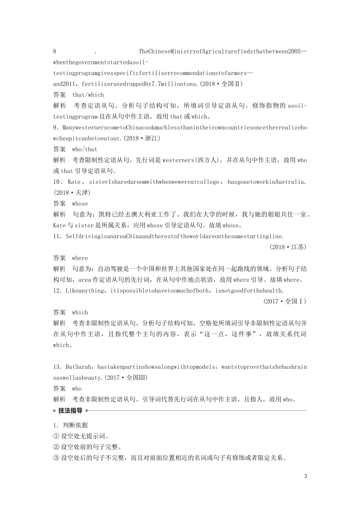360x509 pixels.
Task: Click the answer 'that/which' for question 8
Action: coord(88,95)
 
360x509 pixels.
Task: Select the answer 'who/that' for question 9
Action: coord(85,149)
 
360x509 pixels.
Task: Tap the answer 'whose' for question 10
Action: coord(80,204)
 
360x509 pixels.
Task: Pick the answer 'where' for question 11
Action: coord(80,258)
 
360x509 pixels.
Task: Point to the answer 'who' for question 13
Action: coord(77,389)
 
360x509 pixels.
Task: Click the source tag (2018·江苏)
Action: coord(288,247)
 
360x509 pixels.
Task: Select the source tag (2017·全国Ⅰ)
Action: coord(284,301)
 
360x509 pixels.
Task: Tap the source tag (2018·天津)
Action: coord(72,193)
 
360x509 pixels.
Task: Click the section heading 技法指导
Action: coord(70,411)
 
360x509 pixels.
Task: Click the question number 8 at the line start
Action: coord(55,52)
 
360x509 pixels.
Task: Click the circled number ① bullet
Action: coord(56,436)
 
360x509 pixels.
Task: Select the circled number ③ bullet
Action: coord(56,458)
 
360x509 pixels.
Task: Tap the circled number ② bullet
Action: coord(56,447)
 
